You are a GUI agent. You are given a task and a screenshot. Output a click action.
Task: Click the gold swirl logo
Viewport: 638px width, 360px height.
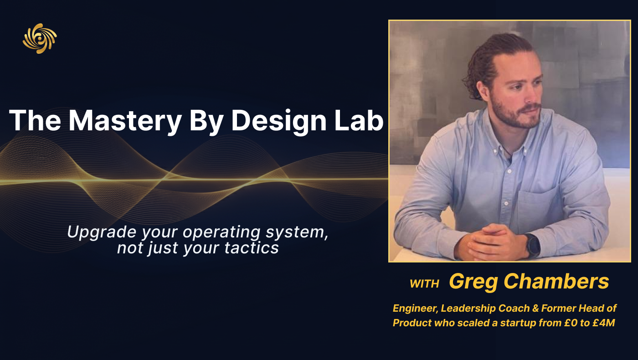pos(40,38)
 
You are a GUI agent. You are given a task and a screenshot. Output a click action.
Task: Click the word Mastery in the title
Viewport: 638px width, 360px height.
pos(125,121)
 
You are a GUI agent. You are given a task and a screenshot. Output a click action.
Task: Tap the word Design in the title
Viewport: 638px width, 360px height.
pos(279,121)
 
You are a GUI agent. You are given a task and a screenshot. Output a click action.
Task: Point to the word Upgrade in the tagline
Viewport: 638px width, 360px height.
pos(101,232)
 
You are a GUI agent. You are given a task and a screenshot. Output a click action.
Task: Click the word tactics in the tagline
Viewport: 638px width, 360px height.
pos(252,248)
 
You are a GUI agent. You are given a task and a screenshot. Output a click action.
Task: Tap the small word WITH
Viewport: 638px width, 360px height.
pos(424,283)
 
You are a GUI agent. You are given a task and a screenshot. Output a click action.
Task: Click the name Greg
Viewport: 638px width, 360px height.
pos(473,282)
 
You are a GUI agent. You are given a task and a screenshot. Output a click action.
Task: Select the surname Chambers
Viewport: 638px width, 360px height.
pos(556,281)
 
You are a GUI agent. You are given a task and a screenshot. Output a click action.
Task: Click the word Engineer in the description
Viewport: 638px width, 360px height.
pos(416,309)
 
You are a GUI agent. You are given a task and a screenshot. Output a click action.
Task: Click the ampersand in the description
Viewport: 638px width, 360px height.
pos(535,308)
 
